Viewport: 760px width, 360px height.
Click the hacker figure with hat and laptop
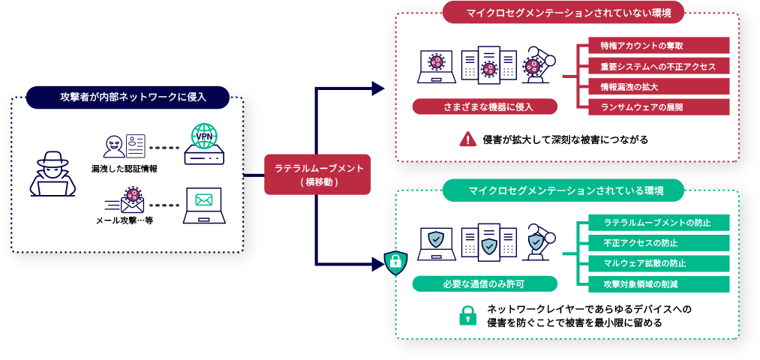(53, 173)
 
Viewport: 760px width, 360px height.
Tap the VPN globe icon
(203, 136)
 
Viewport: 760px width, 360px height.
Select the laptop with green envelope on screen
(203, 204)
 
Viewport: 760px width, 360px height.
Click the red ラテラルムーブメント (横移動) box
(317, 174)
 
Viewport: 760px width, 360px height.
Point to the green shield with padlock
(395, 263)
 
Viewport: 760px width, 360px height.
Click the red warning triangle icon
(468, 139)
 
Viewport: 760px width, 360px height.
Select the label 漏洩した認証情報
(125, 169)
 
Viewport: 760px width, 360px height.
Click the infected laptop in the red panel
(436, 64)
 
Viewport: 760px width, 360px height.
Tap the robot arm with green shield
(536, 241)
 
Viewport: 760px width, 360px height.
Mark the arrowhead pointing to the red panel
(379, 88)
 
